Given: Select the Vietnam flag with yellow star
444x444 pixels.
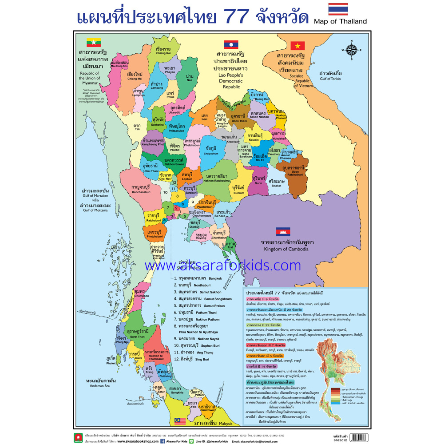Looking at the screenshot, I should coord(297,45).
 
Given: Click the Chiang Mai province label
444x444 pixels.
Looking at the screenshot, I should coord(134,75).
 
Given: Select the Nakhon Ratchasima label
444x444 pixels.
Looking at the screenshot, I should coord(217,178).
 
